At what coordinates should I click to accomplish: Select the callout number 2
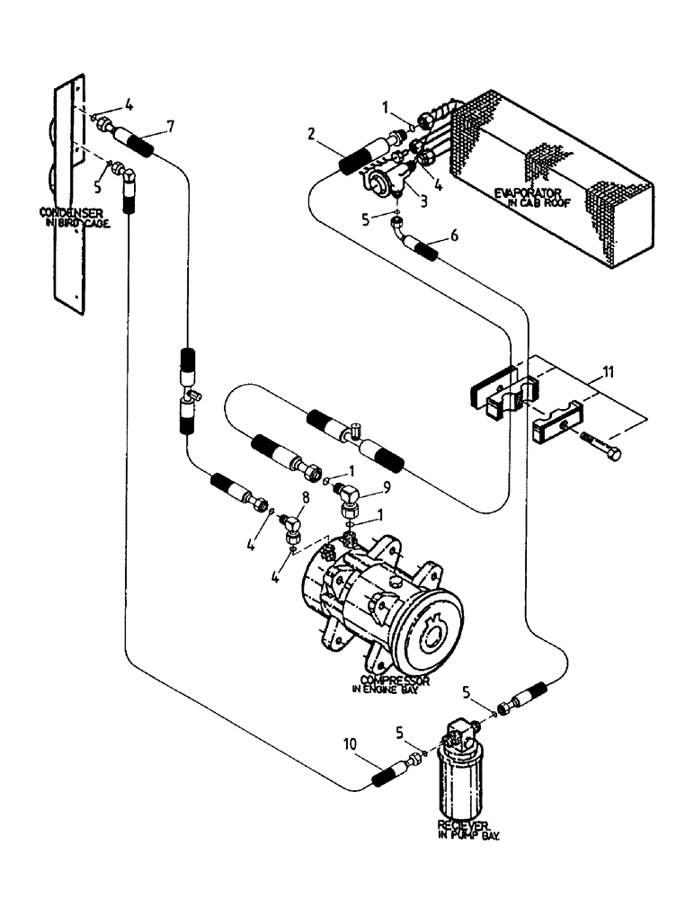310,135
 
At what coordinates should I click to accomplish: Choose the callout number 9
387,489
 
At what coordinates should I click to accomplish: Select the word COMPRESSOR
394,680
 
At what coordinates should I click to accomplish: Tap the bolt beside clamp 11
601,449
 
